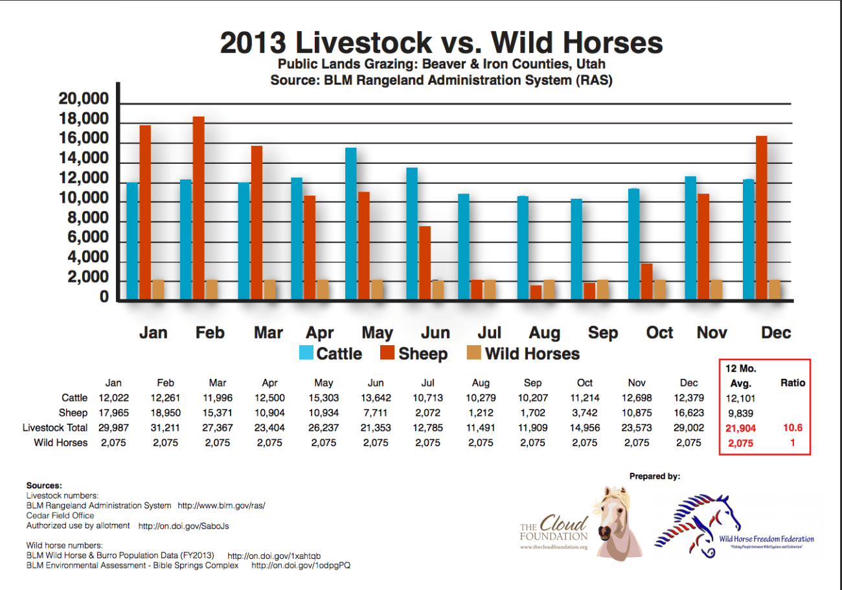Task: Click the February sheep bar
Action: tap(198, 208)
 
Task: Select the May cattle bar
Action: tap(350, 223)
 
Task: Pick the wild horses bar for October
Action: tap(659, 289)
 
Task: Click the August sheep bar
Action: tap(536, 292)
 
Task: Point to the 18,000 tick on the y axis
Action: tap(83, 120)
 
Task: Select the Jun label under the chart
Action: tap(435, 333)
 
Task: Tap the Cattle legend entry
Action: tap(330, 354)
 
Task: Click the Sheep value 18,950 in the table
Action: tap(166, 413)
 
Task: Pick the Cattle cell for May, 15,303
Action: tap(323, 398)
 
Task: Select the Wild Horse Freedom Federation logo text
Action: tap(766, 539)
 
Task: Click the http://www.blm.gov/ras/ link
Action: tap(221, 505)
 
